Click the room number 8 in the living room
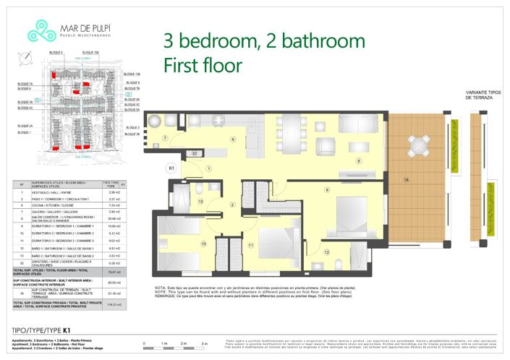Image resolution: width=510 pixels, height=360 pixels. coord(357,161)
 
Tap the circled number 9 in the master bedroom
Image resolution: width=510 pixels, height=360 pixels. coord(327,190)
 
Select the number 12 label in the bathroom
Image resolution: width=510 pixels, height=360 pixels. coord(326,252)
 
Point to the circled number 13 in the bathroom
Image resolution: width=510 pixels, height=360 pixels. coord(201,202)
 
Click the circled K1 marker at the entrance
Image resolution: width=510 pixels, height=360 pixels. coord(172,168)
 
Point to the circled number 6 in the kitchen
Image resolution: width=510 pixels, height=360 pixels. coord(233,139)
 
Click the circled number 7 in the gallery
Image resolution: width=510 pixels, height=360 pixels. coord(165,137)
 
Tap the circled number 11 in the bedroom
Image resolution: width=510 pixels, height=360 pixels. coord(250,246)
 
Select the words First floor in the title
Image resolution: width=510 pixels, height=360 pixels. coord(203,65)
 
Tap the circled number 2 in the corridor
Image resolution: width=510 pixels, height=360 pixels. coord(232,205)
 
